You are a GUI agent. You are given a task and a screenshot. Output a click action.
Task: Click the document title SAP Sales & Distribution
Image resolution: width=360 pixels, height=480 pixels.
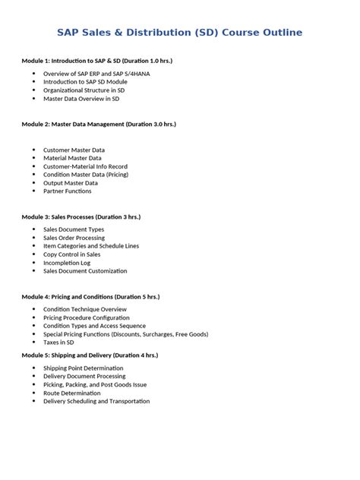(x=180, y=33)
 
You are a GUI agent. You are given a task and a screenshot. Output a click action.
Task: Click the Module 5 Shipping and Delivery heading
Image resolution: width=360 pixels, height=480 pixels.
(x=90, y=355)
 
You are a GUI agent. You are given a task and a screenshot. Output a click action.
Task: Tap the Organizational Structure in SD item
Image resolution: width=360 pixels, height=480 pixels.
(x=84, y=90)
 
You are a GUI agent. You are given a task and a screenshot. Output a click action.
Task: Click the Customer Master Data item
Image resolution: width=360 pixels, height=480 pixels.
(x=74, y=150)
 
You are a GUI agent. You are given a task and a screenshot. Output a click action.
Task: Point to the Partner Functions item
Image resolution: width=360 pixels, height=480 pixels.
(x=68, y=191)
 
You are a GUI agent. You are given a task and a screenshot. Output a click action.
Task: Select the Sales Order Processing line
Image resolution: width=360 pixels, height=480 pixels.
(x=74, y=238)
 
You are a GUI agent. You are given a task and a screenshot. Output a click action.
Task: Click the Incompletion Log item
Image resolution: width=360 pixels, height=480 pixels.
(x=67, y=263)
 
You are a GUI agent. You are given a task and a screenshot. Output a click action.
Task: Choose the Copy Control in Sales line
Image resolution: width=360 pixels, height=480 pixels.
(x=71, y=254)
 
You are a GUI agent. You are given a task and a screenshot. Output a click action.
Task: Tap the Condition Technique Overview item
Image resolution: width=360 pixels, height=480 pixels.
(x=85, y=310)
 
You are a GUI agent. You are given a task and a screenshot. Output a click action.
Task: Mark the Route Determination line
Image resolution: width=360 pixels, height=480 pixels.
(x=71, y=393)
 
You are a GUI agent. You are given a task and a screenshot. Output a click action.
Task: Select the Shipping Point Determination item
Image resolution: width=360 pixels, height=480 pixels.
(x=83, y=368)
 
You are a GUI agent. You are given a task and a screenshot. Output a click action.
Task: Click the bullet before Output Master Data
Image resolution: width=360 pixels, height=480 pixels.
(x=34, y=183)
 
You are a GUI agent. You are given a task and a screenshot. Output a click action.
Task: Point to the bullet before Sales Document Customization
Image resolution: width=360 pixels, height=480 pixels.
(x=34, y=271)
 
